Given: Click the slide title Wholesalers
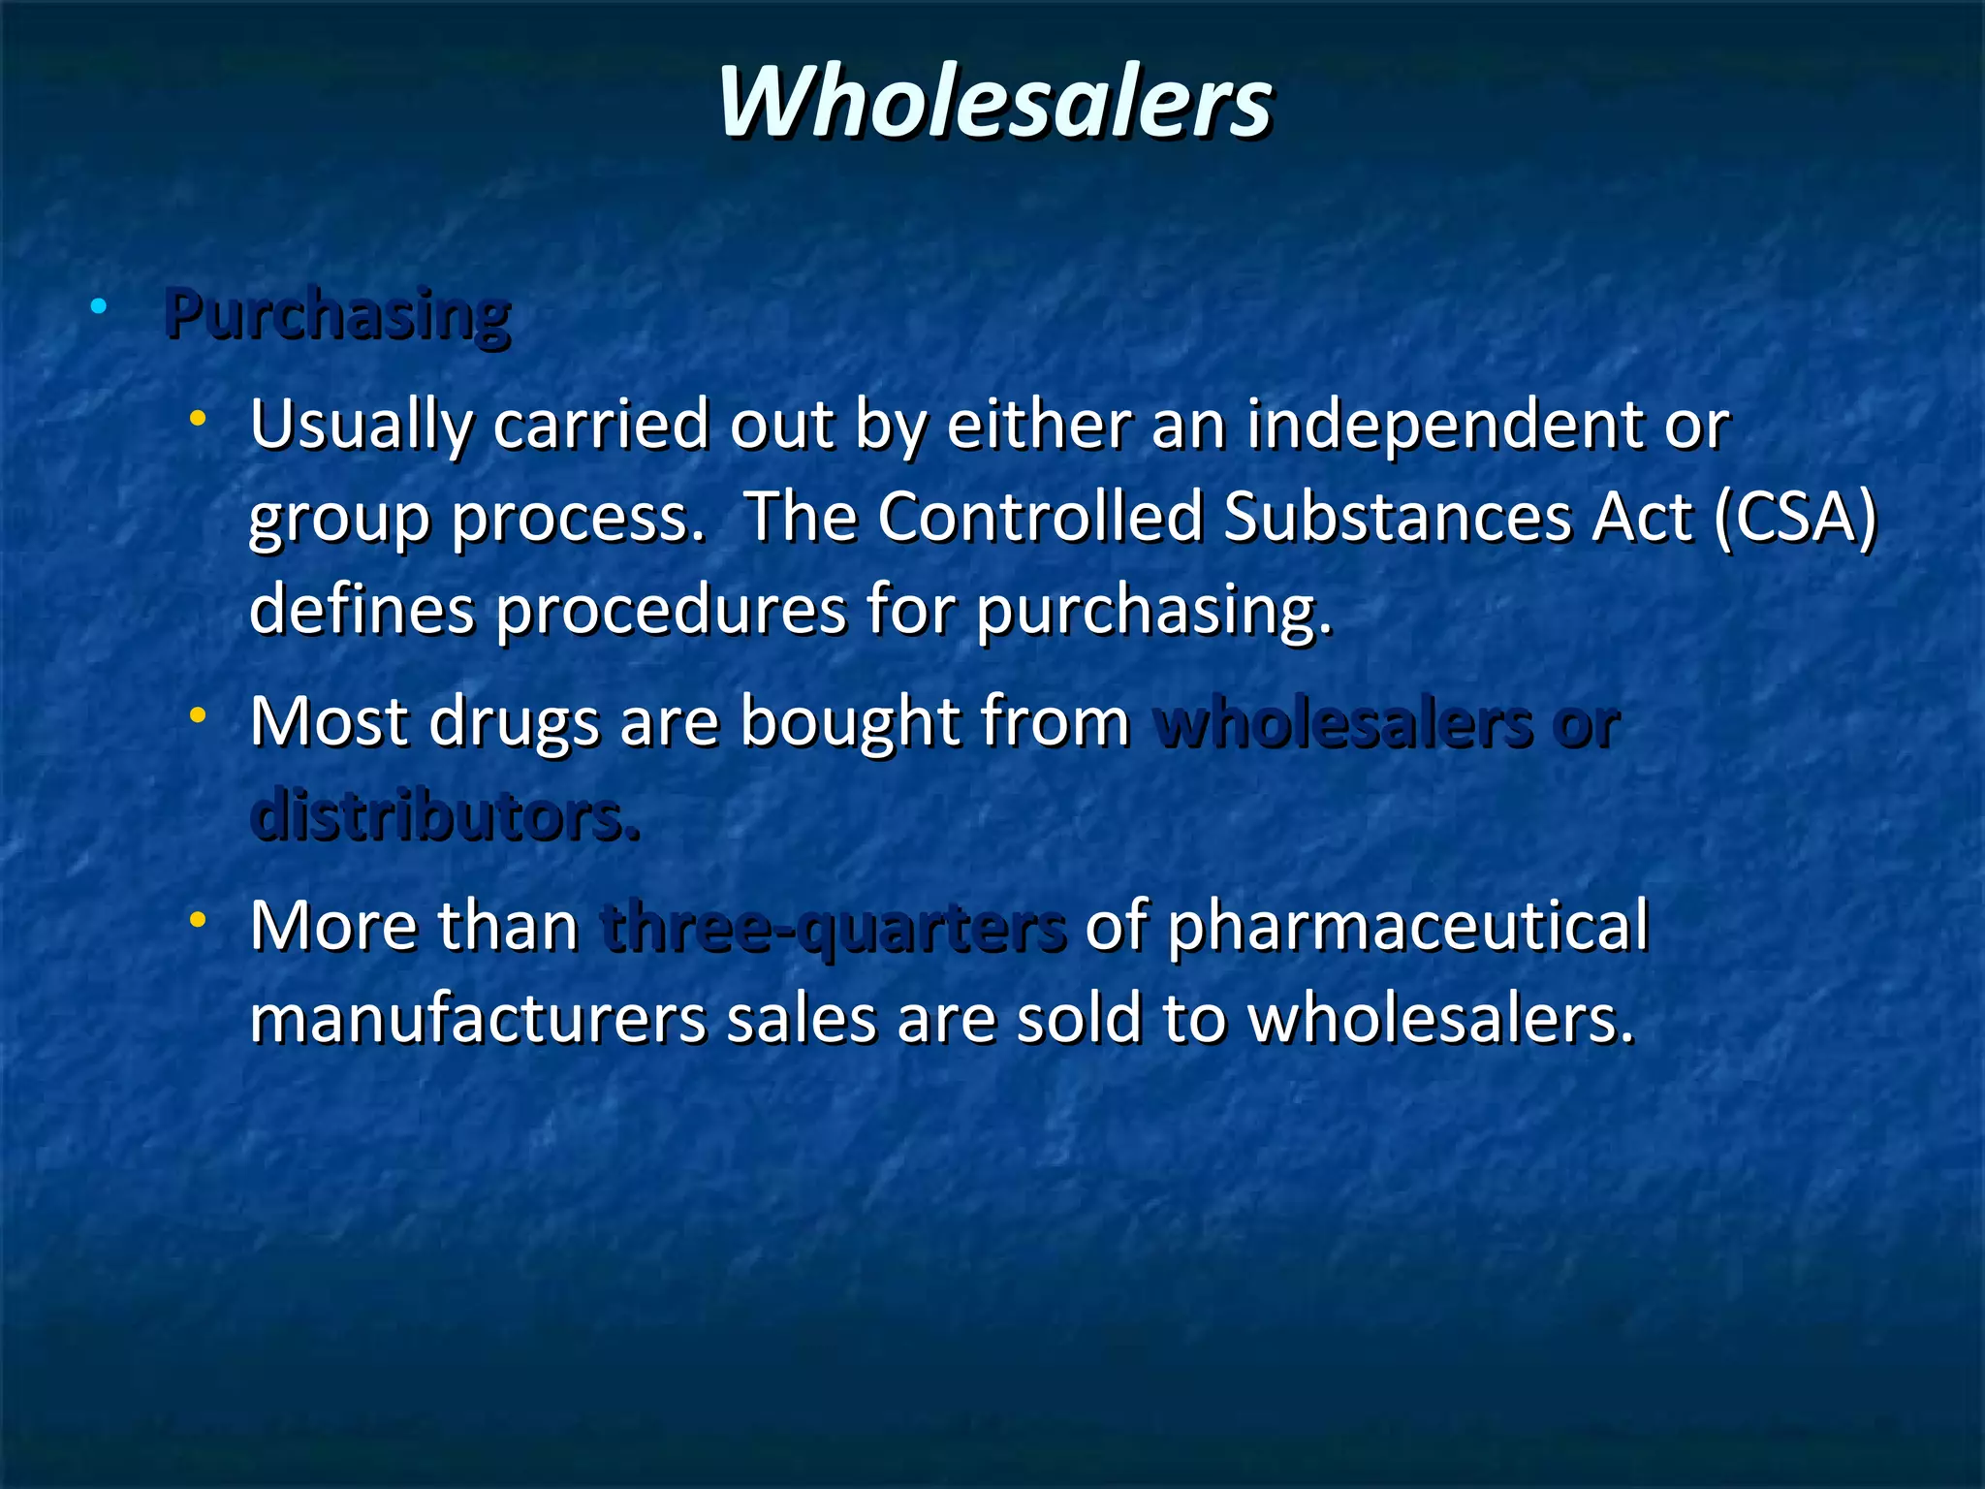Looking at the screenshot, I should pos(994,102).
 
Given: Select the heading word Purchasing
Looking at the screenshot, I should pos(337,314).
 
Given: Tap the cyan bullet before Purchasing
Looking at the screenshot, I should pos(98,307).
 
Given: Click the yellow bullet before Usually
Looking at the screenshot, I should pos(199,419).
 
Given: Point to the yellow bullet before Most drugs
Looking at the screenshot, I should pos(199,716).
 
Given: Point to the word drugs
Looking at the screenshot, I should pos(514,723).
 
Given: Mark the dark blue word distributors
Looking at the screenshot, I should pos(445,815).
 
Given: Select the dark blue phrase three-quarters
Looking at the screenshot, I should pos(833,927).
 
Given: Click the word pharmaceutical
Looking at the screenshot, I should pos(1407,927).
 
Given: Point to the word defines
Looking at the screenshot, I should pos(362,610).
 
